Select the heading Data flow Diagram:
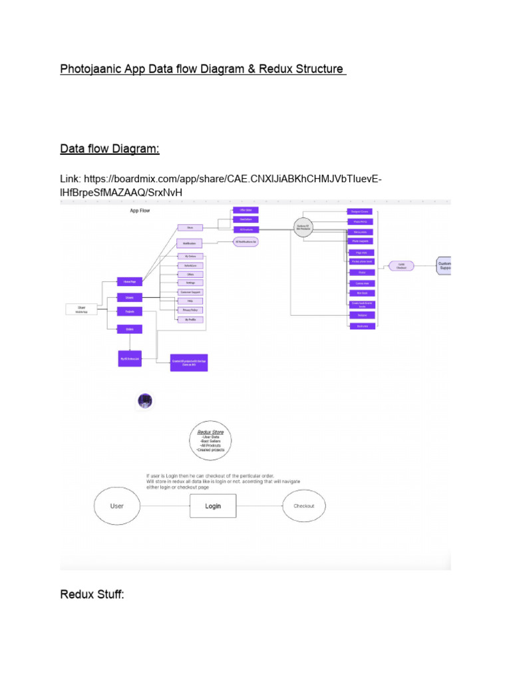click(x=110, y=149)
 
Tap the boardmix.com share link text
click(x=220, y=186)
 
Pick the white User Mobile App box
click(x=82, y=309)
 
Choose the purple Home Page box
click(x=129, y=281)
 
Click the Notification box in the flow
click(x=189, y=243)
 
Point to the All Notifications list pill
click(x=245, y=242)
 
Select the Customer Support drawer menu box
click(x=190, y=292)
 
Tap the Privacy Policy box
click(x=190, y=310)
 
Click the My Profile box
click(x=190, y=319)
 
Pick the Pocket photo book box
click(x=362, y=261)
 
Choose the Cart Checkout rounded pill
click(x=401, y=265)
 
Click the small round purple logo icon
click(x=145, y=400)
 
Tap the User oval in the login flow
click(x=117, y=506)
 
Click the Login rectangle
click(x=213, y=506)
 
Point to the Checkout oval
click(x=304, y=506)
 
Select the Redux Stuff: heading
click(x=92, y=594)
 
